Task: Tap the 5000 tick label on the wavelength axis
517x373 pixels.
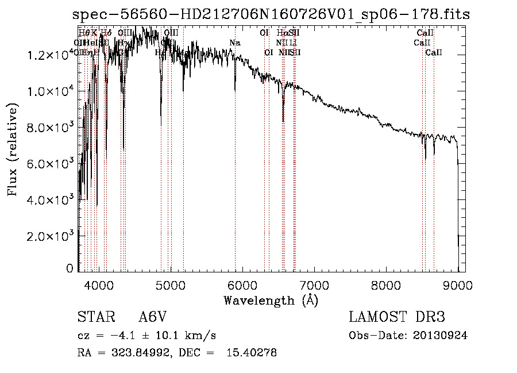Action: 171,285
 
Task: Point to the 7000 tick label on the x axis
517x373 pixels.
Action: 314,285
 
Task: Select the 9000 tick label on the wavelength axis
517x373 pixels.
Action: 458,285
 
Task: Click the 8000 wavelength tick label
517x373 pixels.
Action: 386,285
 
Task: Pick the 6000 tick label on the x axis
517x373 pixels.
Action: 242,285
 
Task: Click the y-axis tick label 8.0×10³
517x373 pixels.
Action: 49,128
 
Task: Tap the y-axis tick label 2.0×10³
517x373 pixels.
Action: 49,236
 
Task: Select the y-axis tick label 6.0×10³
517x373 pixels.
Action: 49,164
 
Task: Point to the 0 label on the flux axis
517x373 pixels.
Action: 70,268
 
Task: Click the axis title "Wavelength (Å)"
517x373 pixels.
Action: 271,300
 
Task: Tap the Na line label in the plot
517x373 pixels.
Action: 234,43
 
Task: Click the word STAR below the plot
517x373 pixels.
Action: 95,317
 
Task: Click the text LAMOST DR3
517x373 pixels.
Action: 397,317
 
